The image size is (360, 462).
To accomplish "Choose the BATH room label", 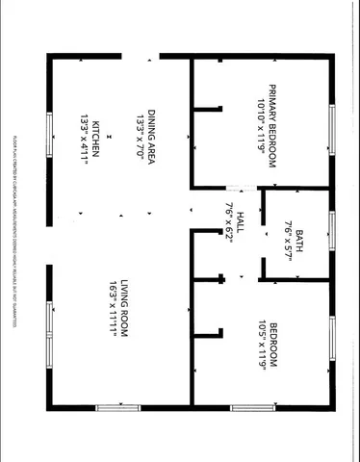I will (x=299, y=240).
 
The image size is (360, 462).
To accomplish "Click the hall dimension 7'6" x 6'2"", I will (x=229, y=223).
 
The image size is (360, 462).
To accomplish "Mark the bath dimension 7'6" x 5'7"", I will (x=287, y=240).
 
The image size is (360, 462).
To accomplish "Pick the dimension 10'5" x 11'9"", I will (x=261, y=344).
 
